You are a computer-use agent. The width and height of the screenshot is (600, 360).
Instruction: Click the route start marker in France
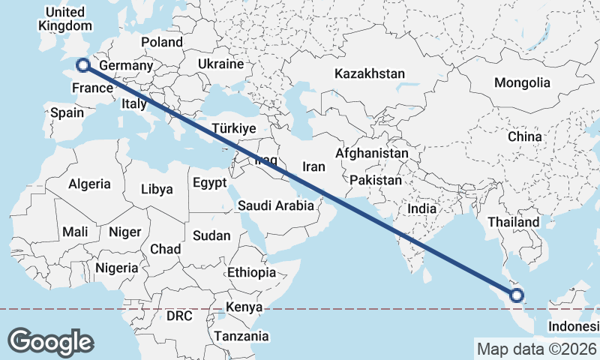tap(82, 65)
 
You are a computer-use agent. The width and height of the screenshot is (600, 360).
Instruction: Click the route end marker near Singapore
tap(517, 295)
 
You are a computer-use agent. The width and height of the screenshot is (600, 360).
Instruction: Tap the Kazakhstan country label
tap(370, 73)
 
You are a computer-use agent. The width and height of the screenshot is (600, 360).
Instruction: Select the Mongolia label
tap(522, 82)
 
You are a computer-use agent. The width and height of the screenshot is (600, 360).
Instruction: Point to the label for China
tap(524, 136)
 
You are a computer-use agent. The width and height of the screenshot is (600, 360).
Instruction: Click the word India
tap(422, 208)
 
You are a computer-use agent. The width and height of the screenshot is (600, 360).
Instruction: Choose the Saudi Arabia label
tap(275, 205)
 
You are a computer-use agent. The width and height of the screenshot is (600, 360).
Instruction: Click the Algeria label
tap(89, 184)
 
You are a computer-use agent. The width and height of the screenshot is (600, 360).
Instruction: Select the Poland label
tap(161, 42)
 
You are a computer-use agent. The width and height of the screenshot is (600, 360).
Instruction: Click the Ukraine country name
tap(221, 64)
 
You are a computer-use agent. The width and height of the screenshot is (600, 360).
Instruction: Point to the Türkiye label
tap(234, 128)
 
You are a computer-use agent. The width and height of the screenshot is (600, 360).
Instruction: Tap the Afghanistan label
tap(372, 153)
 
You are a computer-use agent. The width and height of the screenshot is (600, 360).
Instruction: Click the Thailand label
tap(514, 222)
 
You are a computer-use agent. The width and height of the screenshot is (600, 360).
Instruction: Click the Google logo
tap(50, 342)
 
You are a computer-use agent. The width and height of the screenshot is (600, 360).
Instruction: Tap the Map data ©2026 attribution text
tap(536, 349)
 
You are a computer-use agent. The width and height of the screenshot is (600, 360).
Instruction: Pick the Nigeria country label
tap(117, 267)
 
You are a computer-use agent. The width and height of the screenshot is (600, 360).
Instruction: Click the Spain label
tap(67, 113)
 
